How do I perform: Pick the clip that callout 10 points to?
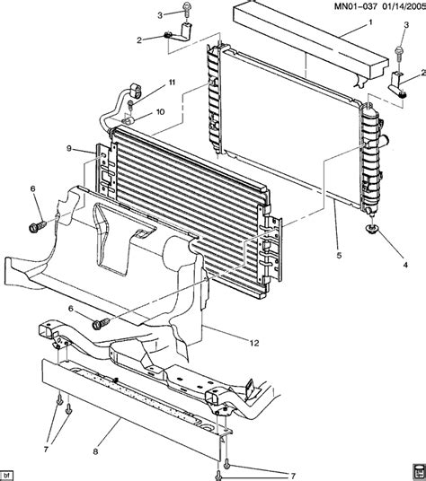tap(130, 114)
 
